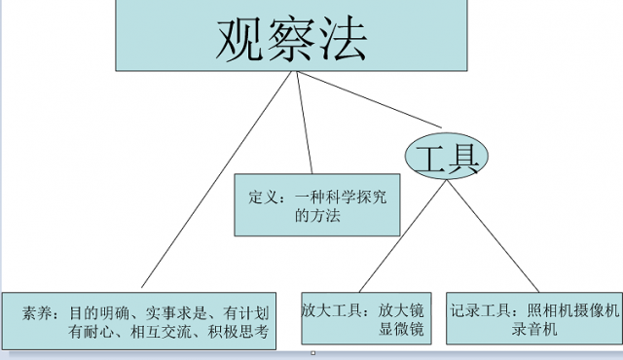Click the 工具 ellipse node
tap(445, 156)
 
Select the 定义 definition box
tap(316, 204)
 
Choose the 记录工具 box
tap(533, 318)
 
